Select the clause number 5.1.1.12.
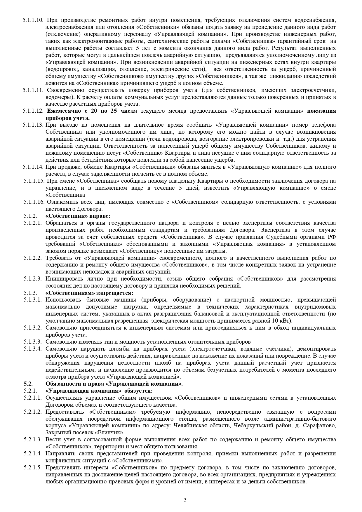point(33,111)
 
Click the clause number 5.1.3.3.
point(33,342)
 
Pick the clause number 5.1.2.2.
point(33,258)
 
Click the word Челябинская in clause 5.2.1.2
point(190,426)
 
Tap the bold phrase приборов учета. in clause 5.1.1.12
point(67,118)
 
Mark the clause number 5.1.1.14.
point(33,167)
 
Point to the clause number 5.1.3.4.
point(33,349)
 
